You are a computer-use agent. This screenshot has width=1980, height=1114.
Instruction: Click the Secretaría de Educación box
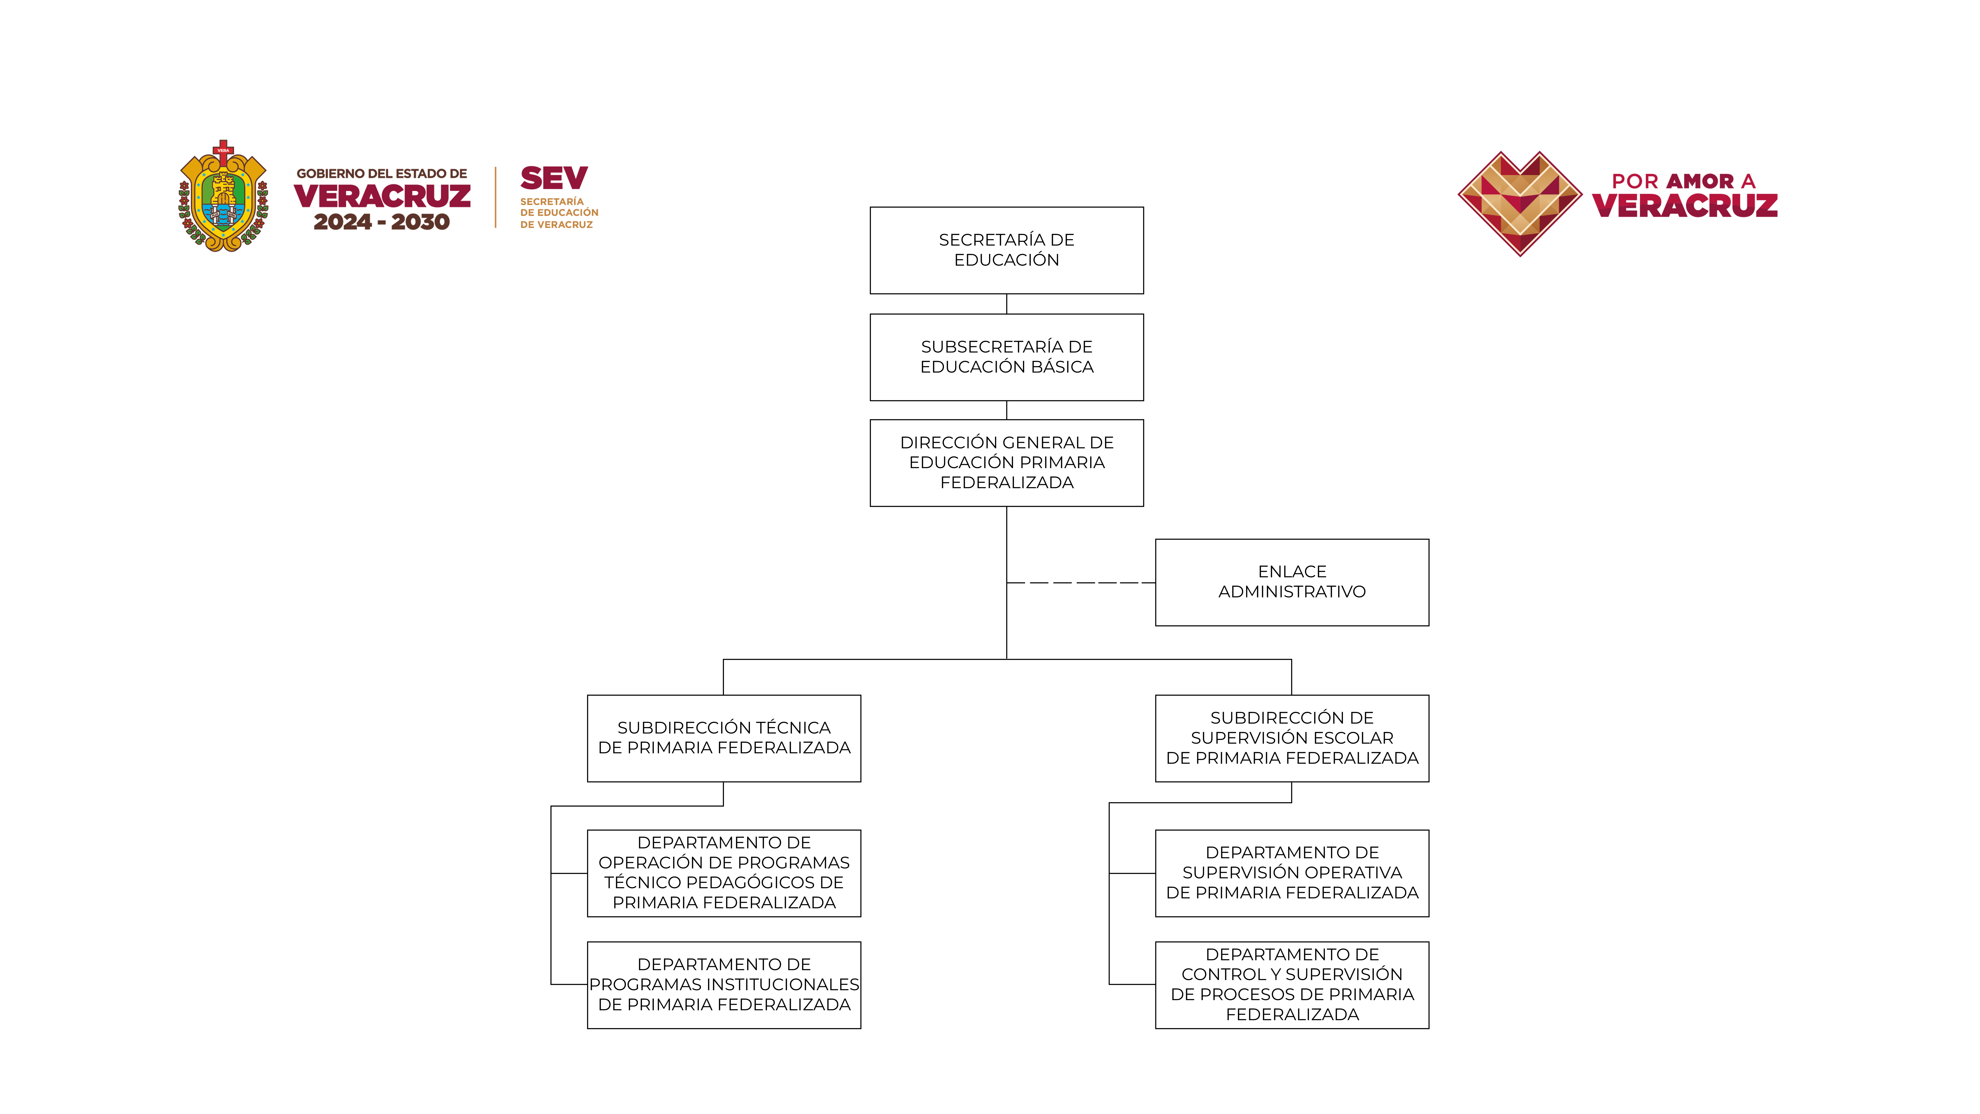(1006, 250)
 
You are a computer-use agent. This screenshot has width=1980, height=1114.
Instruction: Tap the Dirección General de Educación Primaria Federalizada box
(1006, 463)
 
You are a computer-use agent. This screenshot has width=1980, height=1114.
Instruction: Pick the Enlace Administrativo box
(1291, 582)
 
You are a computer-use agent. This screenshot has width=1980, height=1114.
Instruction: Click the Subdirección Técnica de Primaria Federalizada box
(723, 738)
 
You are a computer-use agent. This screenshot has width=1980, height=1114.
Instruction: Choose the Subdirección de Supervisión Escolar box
(1291, 738)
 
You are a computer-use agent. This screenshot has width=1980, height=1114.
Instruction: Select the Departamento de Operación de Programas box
(723, 873)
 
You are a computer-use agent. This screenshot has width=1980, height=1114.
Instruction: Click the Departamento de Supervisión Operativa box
(1291, 873)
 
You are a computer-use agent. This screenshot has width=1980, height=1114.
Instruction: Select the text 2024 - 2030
(381, 222)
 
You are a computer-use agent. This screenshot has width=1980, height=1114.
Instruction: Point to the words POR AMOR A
(1683, 181)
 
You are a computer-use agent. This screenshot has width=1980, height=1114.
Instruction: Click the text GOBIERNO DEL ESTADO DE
(381, 174)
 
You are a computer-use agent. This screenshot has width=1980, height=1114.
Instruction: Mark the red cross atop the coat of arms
(223, 149)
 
